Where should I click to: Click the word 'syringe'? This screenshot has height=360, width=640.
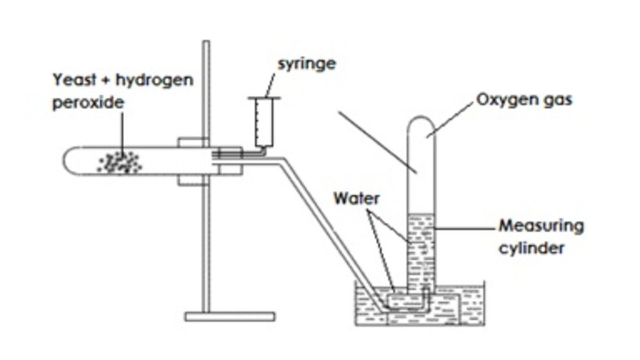tap(307, 65)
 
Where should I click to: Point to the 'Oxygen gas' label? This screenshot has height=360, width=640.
tap(523, 100)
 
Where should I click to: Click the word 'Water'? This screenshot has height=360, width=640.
tap(356, 198)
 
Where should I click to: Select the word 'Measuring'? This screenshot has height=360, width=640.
tap(541, 226)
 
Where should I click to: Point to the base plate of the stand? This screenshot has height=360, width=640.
tap(230, 316)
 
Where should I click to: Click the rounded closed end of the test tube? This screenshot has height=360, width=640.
tap(69, 161)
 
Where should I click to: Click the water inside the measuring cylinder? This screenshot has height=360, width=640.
tap(421, 251)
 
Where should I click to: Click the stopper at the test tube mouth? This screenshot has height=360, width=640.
tap(230, 161)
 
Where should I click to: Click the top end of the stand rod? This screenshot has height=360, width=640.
tap(206, 44)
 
